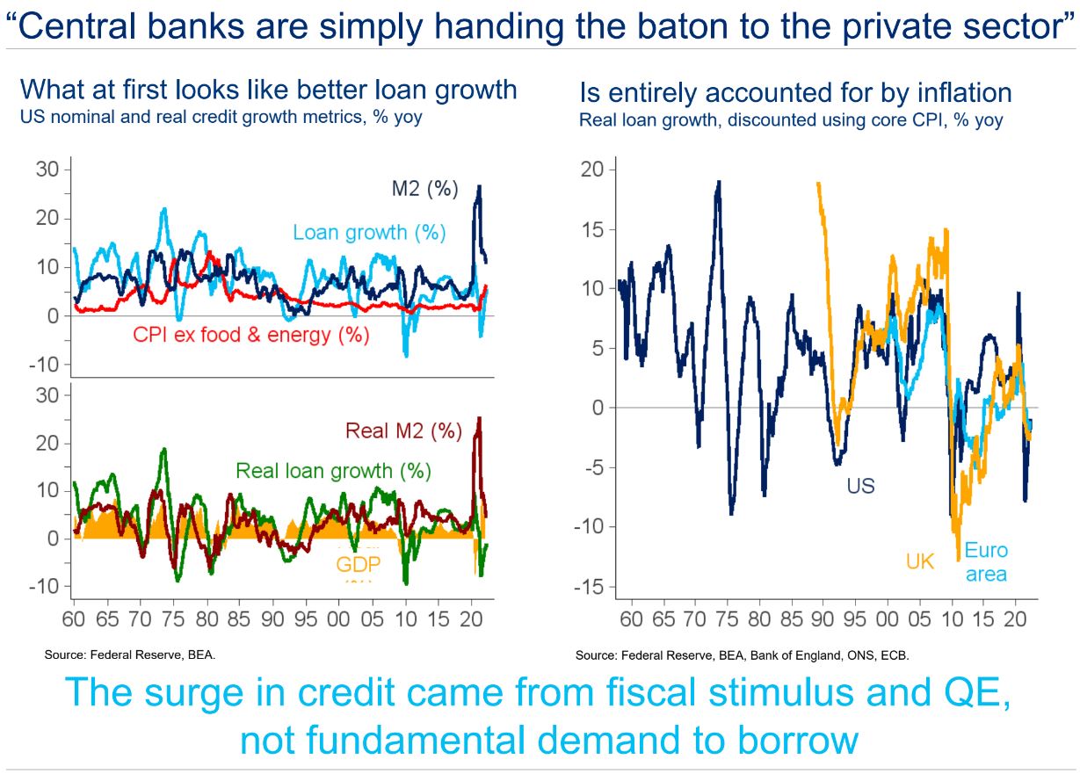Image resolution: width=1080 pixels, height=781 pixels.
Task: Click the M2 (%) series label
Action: tap(424, 189)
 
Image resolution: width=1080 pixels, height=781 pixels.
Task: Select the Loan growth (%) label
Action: tap(369, 233)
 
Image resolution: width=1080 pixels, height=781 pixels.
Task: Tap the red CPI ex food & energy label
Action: tap(250, 335)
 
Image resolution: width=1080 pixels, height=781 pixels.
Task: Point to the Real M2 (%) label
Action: tap(403, 431)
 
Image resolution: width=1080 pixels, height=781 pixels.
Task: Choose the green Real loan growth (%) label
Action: tap(333, 471)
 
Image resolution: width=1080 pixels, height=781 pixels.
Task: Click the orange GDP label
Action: tap(359, 564)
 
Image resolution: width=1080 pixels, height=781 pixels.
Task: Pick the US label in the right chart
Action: tap(860, 486)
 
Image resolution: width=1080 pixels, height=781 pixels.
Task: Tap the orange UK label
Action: tap(920, 561)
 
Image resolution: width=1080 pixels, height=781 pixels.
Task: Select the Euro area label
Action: tap(986, 562)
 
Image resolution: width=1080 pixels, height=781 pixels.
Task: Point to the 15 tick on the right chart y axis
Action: tap(592, 229)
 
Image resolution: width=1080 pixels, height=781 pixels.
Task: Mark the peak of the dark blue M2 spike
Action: tap(479, 185)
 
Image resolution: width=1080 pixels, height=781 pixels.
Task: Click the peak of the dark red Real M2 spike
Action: tap(479, 418)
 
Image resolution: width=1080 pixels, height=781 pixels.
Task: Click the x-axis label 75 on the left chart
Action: tap(174, 619)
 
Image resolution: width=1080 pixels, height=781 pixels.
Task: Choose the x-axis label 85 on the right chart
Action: tap(792, 619)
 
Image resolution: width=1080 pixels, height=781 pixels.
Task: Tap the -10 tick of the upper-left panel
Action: tap(44, 365)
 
